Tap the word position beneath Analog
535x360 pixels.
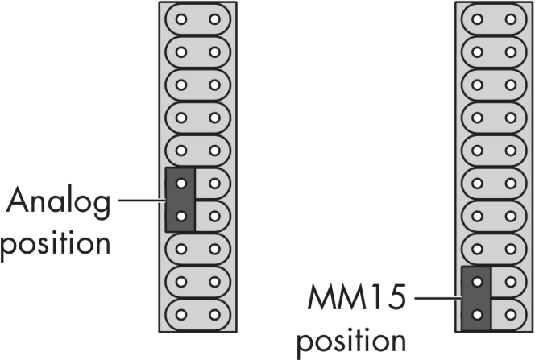pyautogui.click(x=55, y=242)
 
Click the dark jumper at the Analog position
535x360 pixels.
pyautogui.click(x=180, y=199)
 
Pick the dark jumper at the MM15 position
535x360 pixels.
pyautogui.click(x=476, y=298)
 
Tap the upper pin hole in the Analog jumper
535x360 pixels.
pyautogui.click(x=180, y=183)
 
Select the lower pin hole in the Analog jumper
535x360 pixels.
pyautogui.click(x=180, y=215)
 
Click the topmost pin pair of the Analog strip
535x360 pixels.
pyautogui.click(x=197, y=18)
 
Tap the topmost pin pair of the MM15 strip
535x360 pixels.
pyautogui.click(x=492, y=18)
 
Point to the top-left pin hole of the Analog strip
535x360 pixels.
pyautogui.click(x=180, y=18)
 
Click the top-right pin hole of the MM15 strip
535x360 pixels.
pyautogui.click(x=508, y=18)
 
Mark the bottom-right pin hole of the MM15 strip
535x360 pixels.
pyautogui.click(x=508, y=314)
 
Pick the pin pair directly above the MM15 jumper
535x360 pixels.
pyautogui.click(x=492, y=248)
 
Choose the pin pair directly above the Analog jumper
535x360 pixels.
pyautogui.click(x=197, y=150)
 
